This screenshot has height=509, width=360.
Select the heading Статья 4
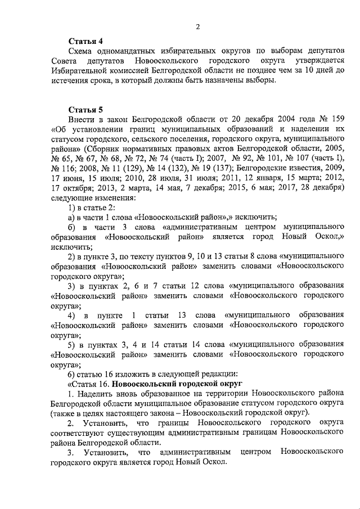tap(85, 41)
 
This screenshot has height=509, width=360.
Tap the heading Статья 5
tap(85, 110)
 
